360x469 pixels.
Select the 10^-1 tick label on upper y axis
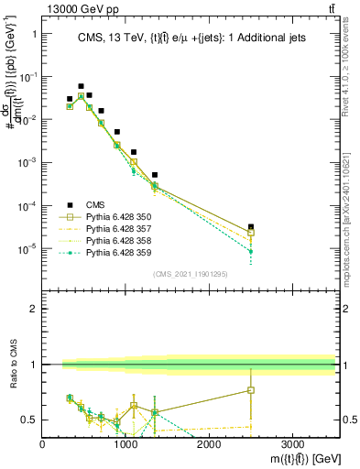[27, 77]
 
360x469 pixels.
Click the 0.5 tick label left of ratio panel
[29, 420]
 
